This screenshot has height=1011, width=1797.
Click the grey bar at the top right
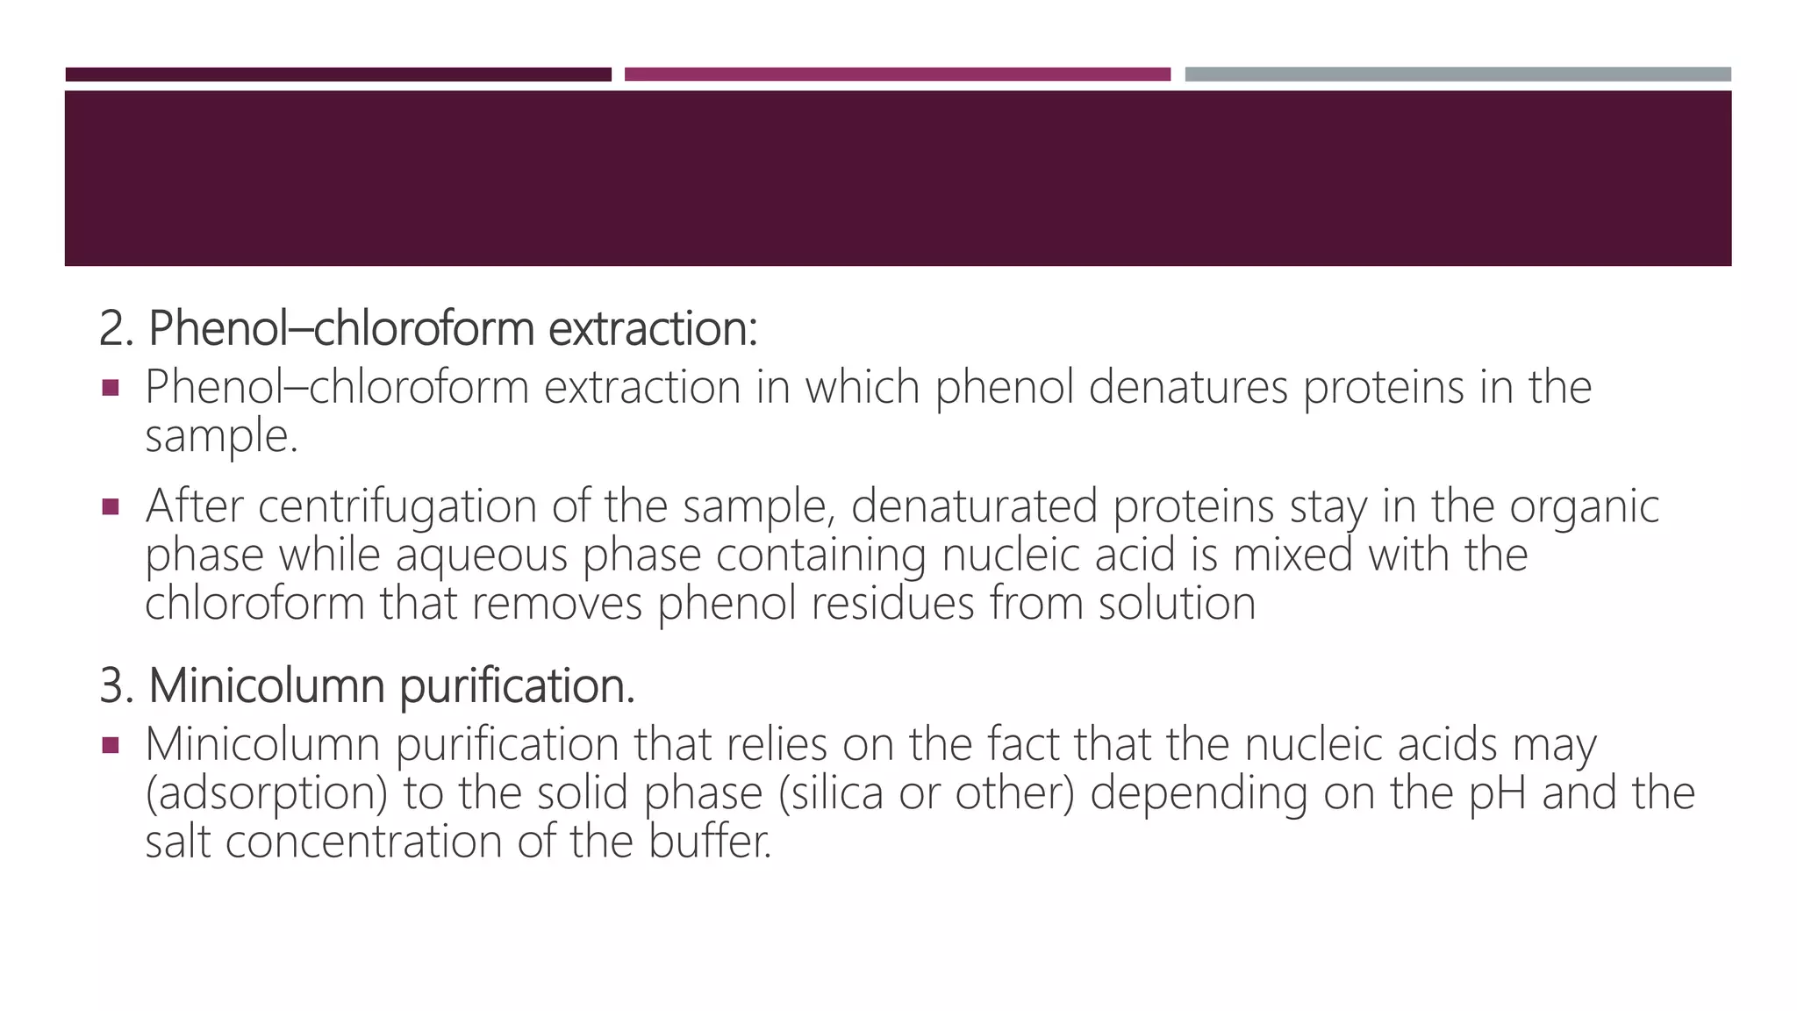tap(1457, 75)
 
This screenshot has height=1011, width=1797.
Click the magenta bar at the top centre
tap(897, 75)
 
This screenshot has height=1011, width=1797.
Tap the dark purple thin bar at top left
tap(338, 75)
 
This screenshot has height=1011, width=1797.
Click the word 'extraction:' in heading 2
tap(653, 329)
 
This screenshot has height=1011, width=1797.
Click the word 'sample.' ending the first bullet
tap(221, 436)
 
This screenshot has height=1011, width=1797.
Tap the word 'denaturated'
tap(974, 506)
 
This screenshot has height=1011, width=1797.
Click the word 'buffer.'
tap(710, 842)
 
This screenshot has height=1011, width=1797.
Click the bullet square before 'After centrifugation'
tap(111, 507)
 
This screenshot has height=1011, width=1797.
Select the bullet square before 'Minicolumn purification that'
tap(111, 746)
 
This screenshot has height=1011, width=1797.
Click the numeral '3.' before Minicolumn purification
tap(116, 685)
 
